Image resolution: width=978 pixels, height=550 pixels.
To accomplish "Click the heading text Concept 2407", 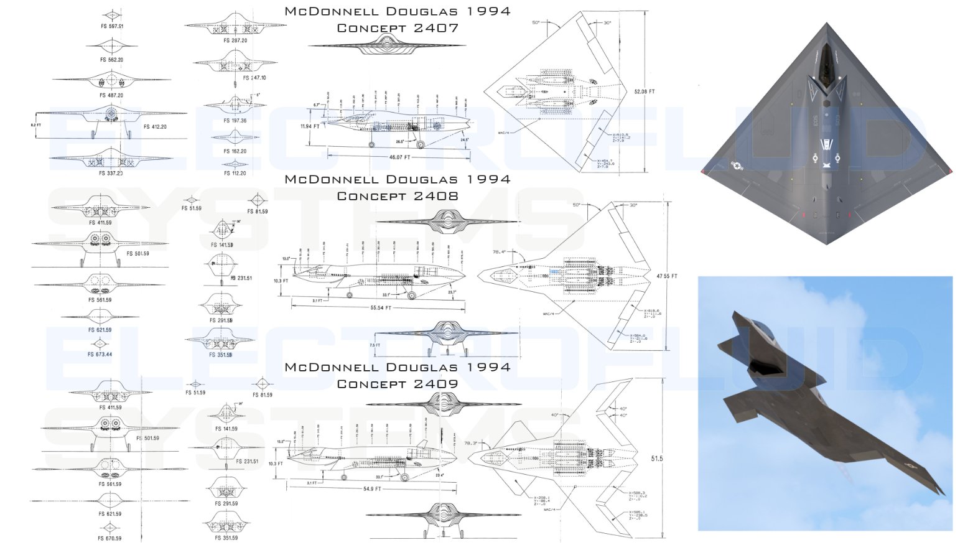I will pos(398,28).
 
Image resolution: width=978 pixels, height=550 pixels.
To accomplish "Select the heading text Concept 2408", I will pos(398,196).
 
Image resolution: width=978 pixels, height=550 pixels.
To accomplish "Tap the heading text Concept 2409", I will pos(398,384).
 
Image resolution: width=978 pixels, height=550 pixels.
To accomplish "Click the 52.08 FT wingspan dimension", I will pos(644,91).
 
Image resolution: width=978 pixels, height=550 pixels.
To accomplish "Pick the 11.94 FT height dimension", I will pos(310,126).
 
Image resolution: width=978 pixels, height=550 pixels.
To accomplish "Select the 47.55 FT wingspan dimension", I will pos(666,276).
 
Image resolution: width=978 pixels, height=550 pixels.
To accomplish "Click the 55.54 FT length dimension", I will pos(381,308).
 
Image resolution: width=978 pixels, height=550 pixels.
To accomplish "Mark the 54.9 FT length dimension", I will pos(371,489).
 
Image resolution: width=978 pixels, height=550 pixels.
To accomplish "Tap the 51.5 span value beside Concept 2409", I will pos(657,459).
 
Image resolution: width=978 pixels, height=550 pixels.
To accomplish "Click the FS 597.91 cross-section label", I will pos(112,27).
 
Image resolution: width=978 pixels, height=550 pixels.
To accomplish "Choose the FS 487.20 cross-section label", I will pos(111,95).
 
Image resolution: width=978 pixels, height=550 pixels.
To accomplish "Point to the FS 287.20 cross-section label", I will pos(235,40).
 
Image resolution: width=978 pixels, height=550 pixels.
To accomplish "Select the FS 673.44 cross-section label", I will pos(100,355).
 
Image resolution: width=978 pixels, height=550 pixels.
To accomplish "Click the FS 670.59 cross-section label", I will pos(110,539).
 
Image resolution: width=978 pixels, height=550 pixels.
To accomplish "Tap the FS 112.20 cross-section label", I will pos(235,174).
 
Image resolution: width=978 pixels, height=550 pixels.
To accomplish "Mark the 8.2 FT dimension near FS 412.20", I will pos(35,125).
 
